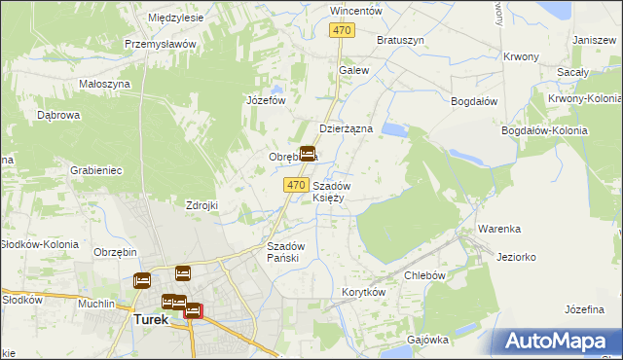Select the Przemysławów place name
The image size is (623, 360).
point(161,44)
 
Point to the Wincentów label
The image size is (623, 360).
point(355,11)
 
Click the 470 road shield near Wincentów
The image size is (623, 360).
point(341,31)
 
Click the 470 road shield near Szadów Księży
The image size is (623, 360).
point(297,185)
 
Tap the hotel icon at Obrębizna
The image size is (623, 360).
point(308,154)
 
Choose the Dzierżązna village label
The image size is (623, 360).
point(347,128)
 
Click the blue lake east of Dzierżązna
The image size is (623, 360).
point(395,128)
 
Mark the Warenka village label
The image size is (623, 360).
point(498,229)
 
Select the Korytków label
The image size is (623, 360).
point(364,292)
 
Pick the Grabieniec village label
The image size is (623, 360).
point(95,170)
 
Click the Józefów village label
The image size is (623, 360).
point(265,100)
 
